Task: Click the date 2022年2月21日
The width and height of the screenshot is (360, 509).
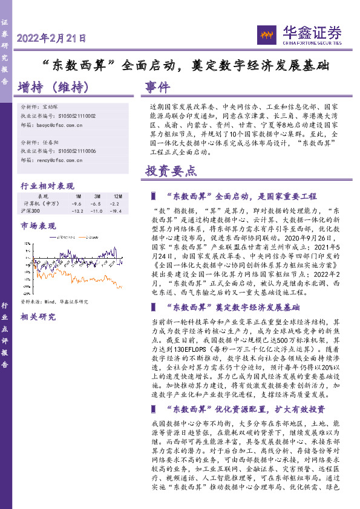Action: click(51, 39)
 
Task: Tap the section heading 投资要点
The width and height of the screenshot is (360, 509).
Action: click(171, 171)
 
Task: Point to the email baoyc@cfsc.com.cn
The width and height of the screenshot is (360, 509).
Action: click(61, 125)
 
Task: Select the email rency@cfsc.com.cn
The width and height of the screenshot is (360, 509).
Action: click(61, 161)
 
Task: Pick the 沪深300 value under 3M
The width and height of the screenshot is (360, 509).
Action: click(97, 211)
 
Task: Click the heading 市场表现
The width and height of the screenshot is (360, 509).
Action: click(38, 226)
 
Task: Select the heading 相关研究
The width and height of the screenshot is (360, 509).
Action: click(38, 316)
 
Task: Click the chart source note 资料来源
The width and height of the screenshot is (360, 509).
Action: click(54, 301)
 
